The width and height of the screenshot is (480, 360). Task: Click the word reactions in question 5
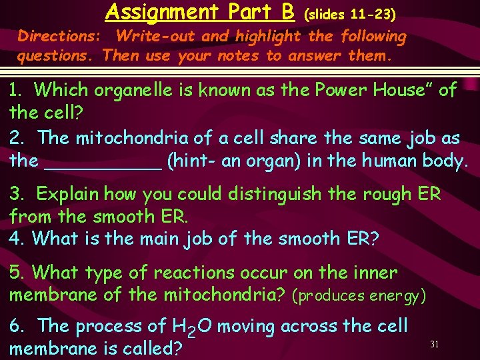coord(193,273)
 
